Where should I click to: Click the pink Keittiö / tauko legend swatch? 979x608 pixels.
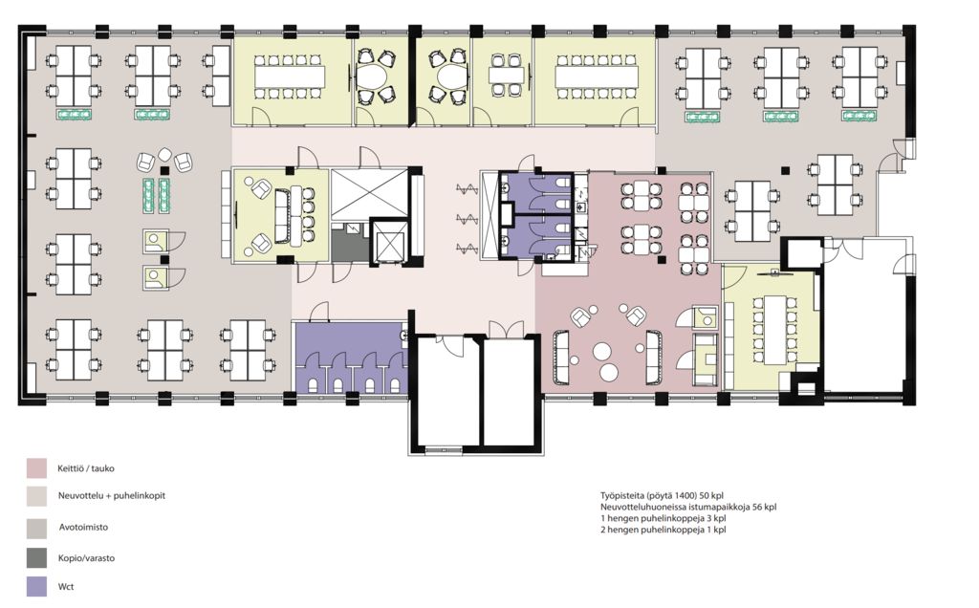(x=36, y=468)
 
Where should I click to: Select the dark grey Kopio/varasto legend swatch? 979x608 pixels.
(x=36, y=558)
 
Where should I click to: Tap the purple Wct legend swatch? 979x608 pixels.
(x=36, y=586)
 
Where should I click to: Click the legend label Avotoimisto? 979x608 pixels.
(x=84, y=527)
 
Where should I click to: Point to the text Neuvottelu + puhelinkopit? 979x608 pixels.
(x=112, y=495)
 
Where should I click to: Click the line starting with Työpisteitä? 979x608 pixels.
(x=662, y=495)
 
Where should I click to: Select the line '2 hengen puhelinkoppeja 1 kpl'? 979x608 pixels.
(x=664, y=530)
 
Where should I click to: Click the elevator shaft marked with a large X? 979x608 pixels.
(x=369, y=193)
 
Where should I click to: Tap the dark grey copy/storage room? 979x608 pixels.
(x=350, y=242)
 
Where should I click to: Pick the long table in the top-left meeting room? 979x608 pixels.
(x=290, y=76)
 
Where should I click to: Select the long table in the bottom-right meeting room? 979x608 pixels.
(x=774, y=328)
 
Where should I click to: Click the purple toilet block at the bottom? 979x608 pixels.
(x=350, y=358)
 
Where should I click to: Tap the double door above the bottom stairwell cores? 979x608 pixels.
(x=507, y=329)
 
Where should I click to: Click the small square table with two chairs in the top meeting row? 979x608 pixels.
(x=506, y=75)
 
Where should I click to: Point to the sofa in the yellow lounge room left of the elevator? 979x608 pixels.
(x=282, y=215)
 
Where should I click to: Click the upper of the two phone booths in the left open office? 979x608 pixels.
(x=156, y=241)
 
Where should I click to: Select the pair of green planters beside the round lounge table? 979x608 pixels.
(x=156, y=195)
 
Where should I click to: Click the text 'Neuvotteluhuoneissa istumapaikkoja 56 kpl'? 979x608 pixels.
(x=688, y=507)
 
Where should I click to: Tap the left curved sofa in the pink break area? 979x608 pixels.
(x=560, y=357)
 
